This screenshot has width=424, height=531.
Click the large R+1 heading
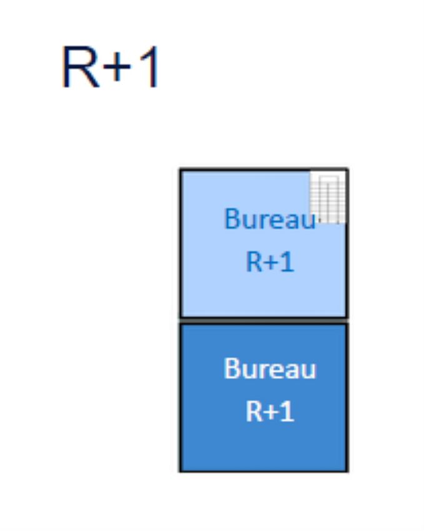point(111,67)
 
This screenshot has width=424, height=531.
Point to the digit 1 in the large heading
point(148,67)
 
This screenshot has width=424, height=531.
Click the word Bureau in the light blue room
point(270,219)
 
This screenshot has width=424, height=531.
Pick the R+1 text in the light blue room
point(270,262)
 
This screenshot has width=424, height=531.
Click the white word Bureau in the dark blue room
point(270,369)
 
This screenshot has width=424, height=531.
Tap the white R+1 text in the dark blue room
point(270,412)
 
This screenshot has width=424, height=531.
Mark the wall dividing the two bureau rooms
point(264,320)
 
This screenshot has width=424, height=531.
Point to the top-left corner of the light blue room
point(181,170)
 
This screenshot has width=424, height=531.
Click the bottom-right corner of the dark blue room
point(347,470)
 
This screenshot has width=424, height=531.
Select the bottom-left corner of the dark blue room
point(181,470)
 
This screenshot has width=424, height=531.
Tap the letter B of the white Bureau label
point(231,369)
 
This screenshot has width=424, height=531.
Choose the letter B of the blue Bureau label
point(231,219)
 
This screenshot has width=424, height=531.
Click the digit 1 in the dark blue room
point(287,412)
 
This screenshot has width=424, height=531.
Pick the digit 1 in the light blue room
point(287,262)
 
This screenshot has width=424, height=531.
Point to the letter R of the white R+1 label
point(253,412)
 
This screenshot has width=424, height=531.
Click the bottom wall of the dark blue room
point(264,470)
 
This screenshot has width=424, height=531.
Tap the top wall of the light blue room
point(250,169)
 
